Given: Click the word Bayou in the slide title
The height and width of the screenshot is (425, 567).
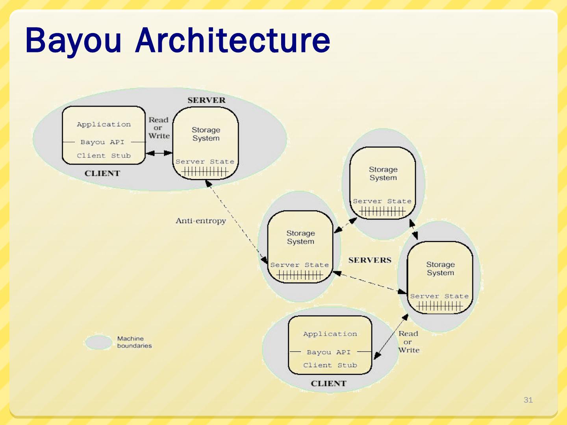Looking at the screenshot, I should tap(73, 41).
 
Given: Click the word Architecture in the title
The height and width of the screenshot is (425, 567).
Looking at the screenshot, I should tap(233, 41).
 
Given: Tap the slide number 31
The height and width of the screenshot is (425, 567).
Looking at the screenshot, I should tap(528, 400).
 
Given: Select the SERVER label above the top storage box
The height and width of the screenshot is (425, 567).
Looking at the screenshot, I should tap(206, 100).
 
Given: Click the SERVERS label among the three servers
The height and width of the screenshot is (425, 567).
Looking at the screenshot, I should tap(370, 260).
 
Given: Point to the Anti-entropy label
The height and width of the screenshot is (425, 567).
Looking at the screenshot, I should tap(201, 221).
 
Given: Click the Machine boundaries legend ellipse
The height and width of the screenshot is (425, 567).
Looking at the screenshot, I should tap(98, 342).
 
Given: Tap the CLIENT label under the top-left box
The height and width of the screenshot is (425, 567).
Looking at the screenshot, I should tap(102, 174).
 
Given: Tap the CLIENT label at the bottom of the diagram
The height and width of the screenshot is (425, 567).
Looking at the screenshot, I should tap(328, 384).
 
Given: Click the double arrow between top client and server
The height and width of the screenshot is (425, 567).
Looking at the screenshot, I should tap(159, 153).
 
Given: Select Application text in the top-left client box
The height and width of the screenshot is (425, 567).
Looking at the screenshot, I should tap(104, 124).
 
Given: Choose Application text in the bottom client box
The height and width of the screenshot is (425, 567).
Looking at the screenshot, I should tap(330, 334).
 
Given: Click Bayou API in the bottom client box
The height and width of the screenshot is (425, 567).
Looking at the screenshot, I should tap(328, 352).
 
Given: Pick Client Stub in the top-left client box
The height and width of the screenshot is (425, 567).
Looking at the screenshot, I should tap(104, 156).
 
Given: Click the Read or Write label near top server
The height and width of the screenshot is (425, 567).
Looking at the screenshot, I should tap(159, 128).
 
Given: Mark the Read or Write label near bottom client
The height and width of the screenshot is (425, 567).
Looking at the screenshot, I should tap(408, 342).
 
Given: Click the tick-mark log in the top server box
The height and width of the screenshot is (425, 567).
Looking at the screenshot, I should tap(205, 172).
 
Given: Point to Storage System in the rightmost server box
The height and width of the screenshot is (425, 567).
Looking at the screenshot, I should tap(440, 269).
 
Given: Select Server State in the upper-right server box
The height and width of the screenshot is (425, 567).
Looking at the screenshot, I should tap(382, 201).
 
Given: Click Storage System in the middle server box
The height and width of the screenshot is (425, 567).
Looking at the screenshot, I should tap(300, 237).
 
